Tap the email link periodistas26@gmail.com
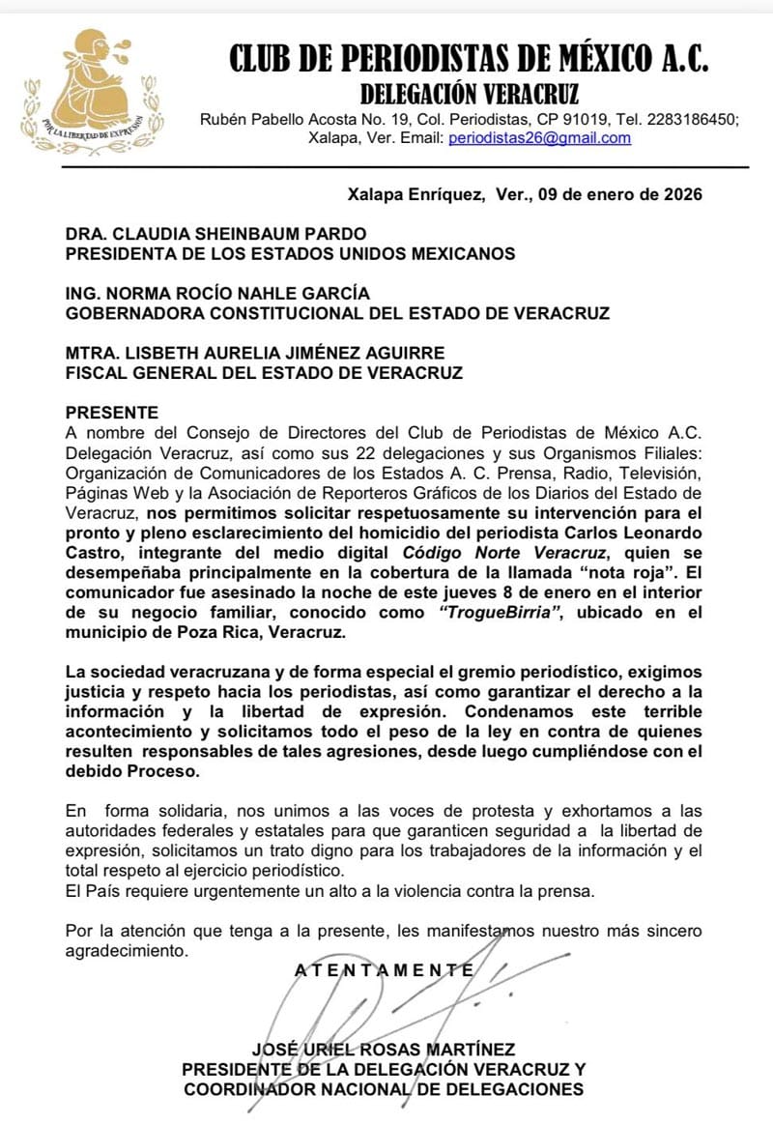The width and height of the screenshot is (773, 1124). (539, 138)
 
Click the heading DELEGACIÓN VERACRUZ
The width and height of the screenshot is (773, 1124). (470, 94)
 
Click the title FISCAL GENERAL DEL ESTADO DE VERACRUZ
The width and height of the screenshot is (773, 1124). (263, 372)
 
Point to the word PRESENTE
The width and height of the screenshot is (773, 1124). (111, 413)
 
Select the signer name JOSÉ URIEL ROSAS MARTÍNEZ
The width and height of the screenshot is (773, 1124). (384, 1050)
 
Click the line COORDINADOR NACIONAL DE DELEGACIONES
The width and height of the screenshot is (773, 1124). (384, 1089)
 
